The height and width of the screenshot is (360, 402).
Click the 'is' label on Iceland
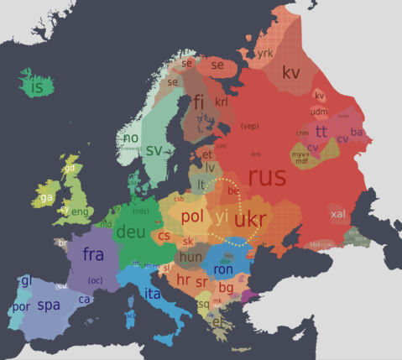(x=36, y=86)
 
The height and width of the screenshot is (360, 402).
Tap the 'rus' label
(x=267, y=177)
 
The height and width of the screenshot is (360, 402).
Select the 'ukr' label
(x=251, y=220)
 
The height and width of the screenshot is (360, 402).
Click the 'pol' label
(x=192, y=216)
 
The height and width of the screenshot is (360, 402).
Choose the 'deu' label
(x=130, y=231)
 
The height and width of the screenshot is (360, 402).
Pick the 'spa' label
(x=49, y=305)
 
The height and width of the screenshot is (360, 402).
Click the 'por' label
(x=21, y=306)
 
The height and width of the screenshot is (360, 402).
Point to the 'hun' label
(x=191, y=256)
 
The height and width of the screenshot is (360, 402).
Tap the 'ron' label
(x=223, y=270)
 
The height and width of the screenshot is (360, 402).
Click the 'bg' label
(x=226, y=288)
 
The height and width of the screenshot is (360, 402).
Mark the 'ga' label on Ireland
(x=46, y=197)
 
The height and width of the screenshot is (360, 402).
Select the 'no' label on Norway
(x=130, y=138)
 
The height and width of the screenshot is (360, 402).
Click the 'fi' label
(x=199, y=102)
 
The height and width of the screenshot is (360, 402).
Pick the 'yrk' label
(x=265, y=53)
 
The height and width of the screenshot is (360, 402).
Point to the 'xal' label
(x=337, y=214)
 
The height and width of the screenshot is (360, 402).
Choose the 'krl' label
(x=222, y=102)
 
